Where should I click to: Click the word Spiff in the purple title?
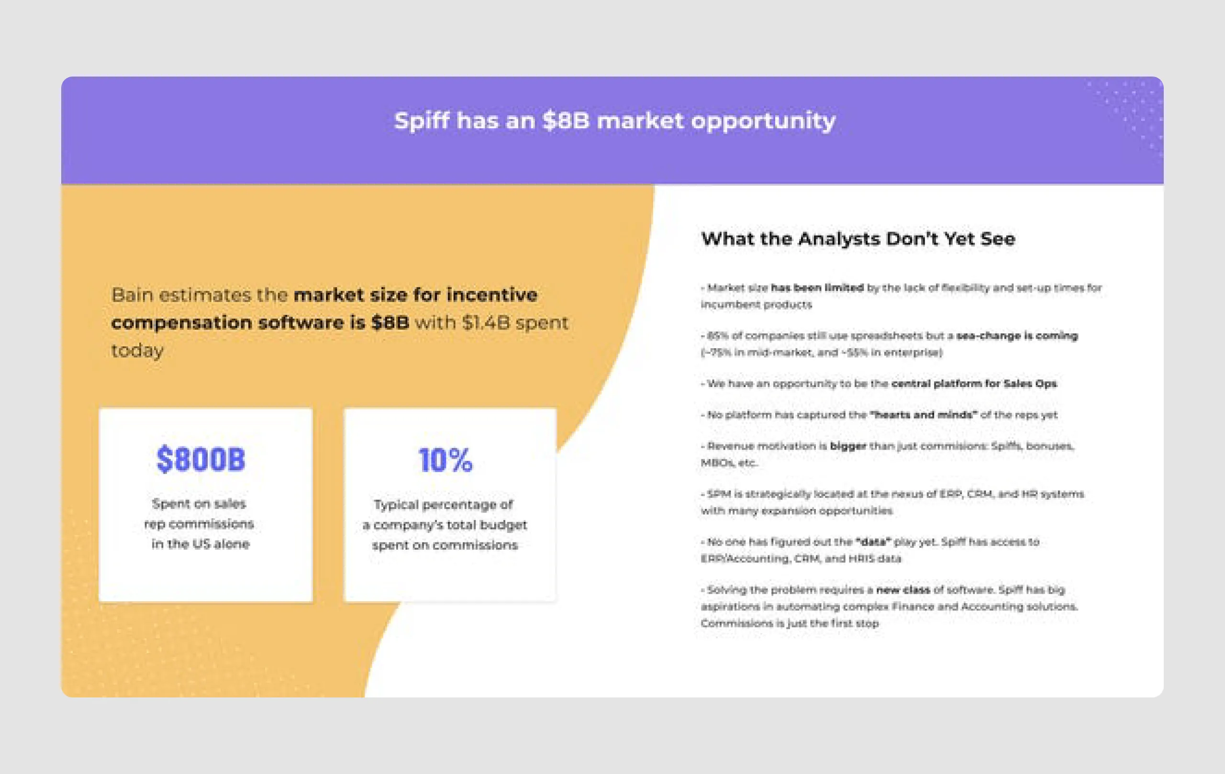point(422,121)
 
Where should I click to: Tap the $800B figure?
point(200,459)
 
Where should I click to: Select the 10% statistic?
point(445,460)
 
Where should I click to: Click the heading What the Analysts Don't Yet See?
point(857,239)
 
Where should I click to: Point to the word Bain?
point(132,295)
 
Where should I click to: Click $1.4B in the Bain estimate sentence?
point(486,323)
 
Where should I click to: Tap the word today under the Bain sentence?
point(137,351)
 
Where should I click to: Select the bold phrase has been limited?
point(817,288)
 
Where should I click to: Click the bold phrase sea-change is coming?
point(1016,336)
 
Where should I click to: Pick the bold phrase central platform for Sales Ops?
point(974,384)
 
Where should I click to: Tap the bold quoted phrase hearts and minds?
point(923,414)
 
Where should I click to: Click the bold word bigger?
point(847,446)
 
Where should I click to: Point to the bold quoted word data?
point(873,542)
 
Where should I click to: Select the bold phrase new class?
point(903,590)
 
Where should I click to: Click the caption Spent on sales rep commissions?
point(200,524)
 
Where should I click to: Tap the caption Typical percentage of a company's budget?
point(445,525)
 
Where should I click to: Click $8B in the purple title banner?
point(566,121)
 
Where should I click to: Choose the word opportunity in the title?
point(763,121)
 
